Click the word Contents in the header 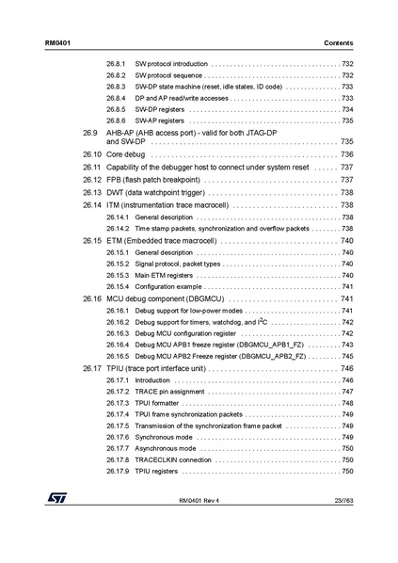click(338, 43)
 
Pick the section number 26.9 click(90, 133)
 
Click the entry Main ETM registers click(164, 275)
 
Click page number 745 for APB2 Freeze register click(347, 356)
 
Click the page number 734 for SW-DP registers click(347, 109)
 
